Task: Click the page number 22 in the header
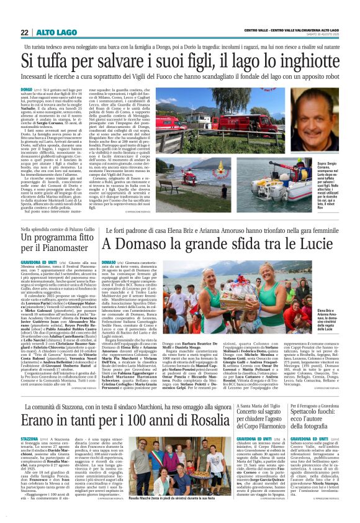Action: pos(25,32)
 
